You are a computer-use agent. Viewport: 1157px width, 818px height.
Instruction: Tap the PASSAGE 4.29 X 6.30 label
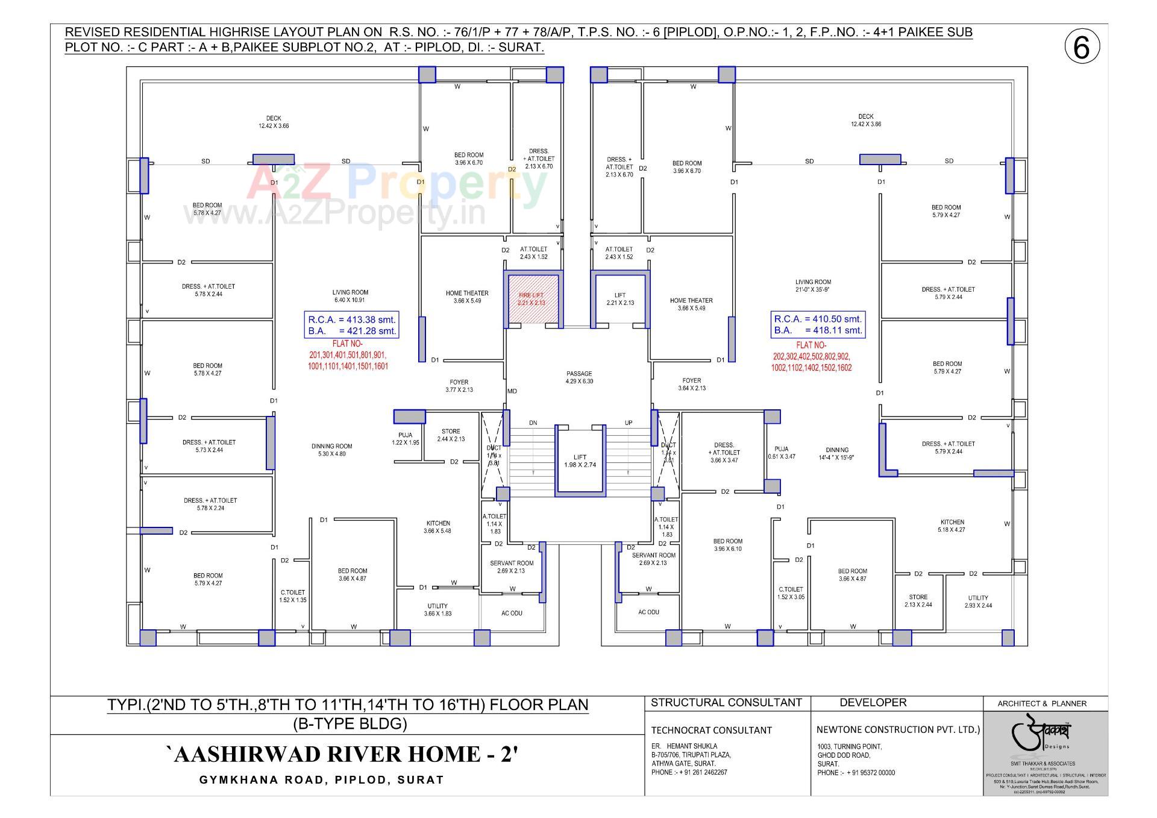pyautogui.click(x=579, y=377)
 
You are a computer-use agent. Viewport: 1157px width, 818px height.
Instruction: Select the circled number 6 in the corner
pyautogui.click(x=1082, y=47)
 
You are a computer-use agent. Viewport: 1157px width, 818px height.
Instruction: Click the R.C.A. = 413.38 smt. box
pyautogui.click(x=352, y=325)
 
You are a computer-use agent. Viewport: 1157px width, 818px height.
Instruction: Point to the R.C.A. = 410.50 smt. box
pyautogui.click(x=818, y=324)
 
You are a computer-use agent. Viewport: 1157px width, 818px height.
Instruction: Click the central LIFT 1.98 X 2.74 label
pyautogui.click(x=580, y=461)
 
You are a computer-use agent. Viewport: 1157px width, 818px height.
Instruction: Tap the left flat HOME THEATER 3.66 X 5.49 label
pyautogui.click(x=467, y=297)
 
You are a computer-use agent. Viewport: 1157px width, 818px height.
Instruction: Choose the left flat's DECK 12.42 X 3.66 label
pyautogui.click(x=274, y=122)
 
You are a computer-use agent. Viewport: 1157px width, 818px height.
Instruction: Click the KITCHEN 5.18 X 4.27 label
pyautogui.click(x=952, y=526)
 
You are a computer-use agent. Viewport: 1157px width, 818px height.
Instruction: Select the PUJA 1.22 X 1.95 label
pyautogui.click(x=405, y=438)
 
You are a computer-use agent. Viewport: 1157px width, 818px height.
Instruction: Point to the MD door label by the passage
pyautogui.click(x=512, y=391)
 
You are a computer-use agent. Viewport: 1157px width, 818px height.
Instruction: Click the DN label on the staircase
pyautogui.click(x=533, y=423)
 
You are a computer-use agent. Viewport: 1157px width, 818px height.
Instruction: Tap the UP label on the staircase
pyautogui.click(x=629, y=423)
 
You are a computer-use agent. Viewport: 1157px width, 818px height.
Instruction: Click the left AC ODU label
pyautogui.click(x=512, y=613)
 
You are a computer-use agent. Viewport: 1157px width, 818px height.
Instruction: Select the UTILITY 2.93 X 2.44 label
pyautogui.click(x=978, y=601)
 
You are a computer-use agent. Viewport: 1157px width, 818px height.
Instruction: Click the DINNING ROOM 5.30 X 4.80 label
pyautogui.click(x=331, y=450)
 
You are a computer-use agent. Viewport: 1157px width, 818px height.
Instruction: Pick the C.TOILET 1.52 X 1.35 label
pyautogui.click(x=293, y=596)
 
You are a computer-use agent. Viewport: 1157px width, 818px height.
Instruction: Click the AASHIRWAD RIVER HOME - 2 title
pyautogui.click(x=342, y=754)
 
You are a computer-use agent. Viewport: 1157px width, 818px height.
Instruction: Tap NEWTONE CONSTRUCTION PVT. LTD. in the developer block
pyautogui.click(x=898, y=729)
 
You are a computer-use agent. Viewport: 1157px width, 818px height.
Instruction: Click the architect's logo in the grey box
pyautogui.click(x=1045, y=736)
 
